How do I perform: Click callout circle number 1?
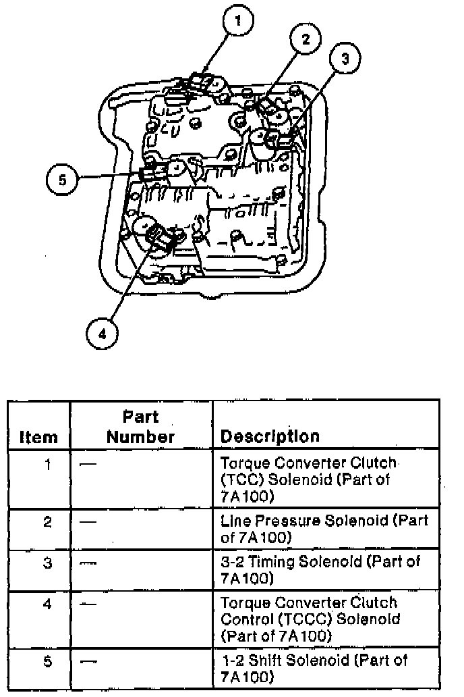(237, 20)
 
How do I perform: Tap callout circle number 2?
(306, 39)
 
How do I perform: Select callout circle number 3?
(345, 58)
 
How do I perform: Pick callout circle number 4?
(102, 334)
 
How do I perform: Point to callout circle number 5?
(62, 180)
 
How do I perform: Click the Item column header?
(38, 437)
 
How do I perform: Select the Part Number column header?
(140, 427)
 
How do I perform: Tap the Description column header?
(270, 436)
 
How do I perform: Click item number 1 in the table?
(47, 465)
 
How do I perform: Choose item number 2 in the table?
(47, 521)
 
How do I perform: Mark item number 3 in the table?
(47, 563)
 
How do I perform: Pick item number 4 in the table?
(47, 604)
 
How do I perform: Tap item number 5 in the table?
(47, 661)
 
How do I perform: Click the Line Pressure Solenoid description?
(324, 529)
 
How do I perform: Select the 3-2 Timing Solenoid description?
(320, 570)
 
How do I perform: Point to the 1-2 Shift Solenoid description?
(314, 669)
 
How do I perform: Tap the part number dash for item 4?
(89, 604)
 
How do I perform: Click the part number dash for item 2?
(89, 521)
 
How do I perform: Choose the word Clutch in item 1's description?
(373, 463)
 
